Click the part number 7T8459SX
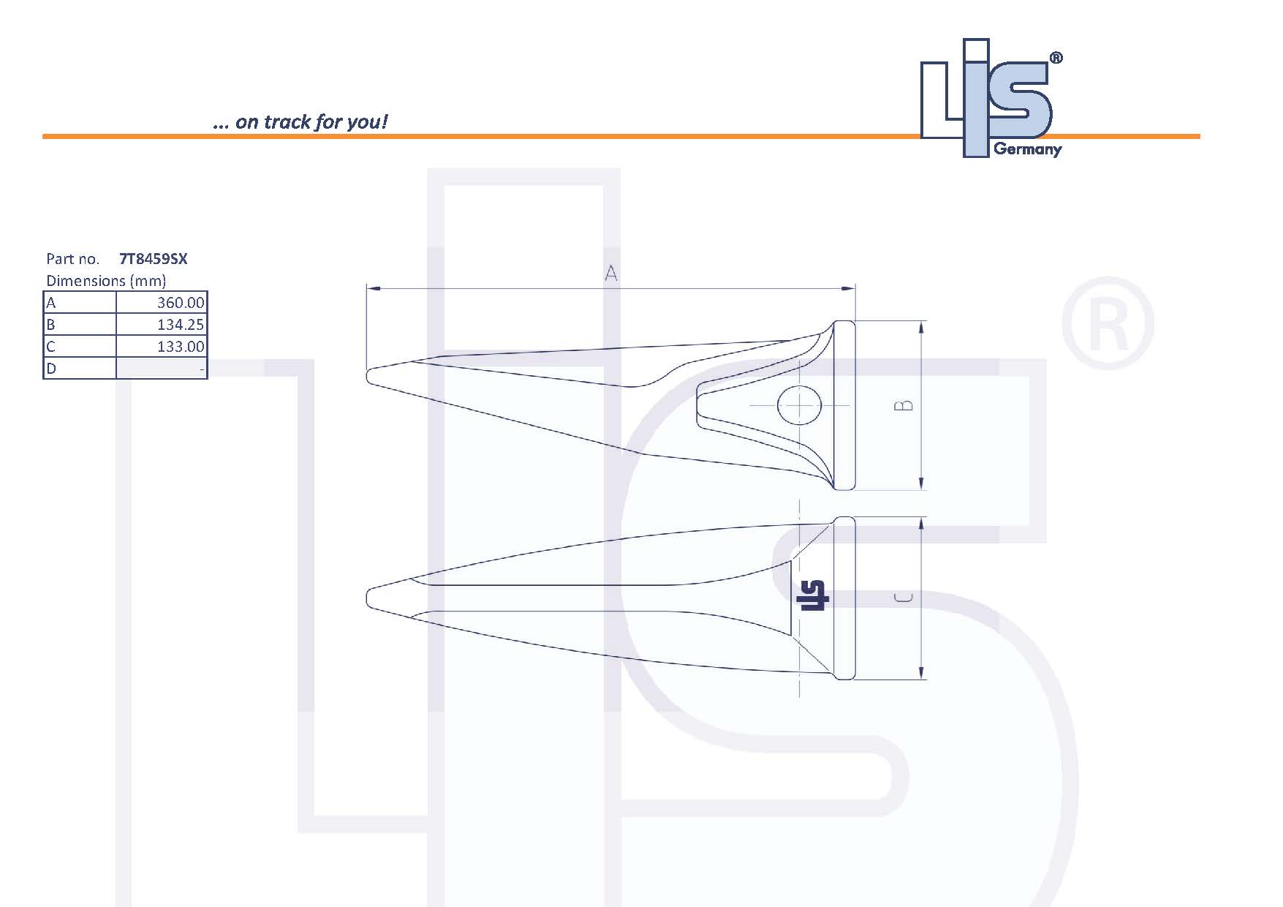[x=153, y=259]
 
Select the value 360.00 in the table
[x=180, y=303]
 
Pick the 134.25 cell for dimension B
[x=180, y=325]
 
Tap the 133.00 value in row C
[x=180, y=347]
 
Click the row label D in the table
[x=51, y=369]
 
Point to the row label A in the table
[x=51, y=303]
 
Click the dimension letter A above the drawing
[x=611, y=274]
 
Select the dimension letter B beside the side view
[x=904, y=404]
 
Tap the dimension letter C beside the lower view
[x=904, y=598]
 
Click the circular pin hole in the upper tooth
[x=799, y=405]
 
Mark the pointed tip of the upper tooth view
[x=368, y=375]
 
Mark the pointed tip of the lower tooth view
[x=368, y=598]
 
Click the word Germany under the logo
[x=1027, y=150]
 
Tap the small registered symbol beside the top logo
[x=1056, y=59]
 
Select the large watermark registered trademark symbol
[x=1107, y=323]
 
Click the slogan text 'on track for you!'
[x=310, y=121]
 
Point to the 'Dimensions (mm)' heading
[x=106, y=281]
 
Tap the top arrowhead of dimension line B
[x=921, y=326]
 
